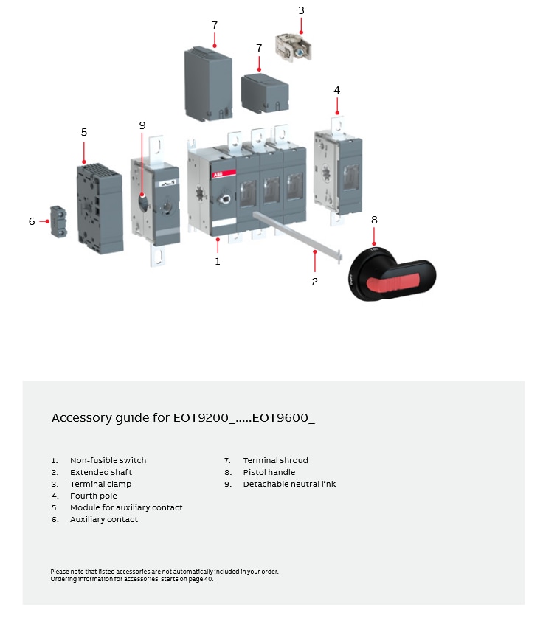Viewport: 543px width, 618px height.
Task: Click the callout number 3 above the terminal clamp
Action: click(x=301, y=10)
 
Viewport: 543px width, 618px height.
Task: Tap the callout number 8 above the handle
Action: click(x=374, y=220)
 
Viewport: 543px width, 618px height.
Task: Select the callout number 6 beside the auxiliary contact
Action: click(x=32, y=221)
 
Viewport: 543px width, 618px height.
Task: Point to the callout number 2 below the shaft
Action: click(x=315, y=282)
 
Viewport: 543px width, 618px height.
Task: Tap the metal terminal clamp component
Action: click(x=293, y=48)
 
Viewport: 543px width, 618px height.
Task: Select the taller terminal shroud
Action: click(x=208, y=83)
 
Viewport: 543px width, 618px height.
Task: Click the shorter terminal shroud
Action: click(x=265, y=94)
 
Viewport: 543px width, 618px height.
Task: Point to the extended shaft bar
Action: click(x=295, y=232)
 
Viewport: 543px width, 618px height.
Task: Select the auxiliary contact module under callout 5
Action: click(x=100, y=209)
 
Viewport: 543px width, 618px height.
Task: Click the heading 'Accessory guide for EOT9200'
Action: click(x=183, y=418)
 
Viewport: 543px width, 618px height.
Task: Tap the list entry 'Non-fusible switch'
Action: click(x=108, y=460)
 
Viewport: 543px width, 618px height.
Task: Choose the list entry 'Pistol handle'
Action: click(x=269, y=472)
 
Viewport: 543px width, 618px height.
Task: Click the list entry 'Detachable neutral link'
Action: click(x=289, y=484)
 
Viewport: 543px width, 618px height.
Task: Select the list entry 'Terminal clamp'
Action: click(x=100, y=484)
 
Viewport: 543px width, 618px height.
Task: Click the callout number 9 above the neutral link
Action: click(x=142, y=125)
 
